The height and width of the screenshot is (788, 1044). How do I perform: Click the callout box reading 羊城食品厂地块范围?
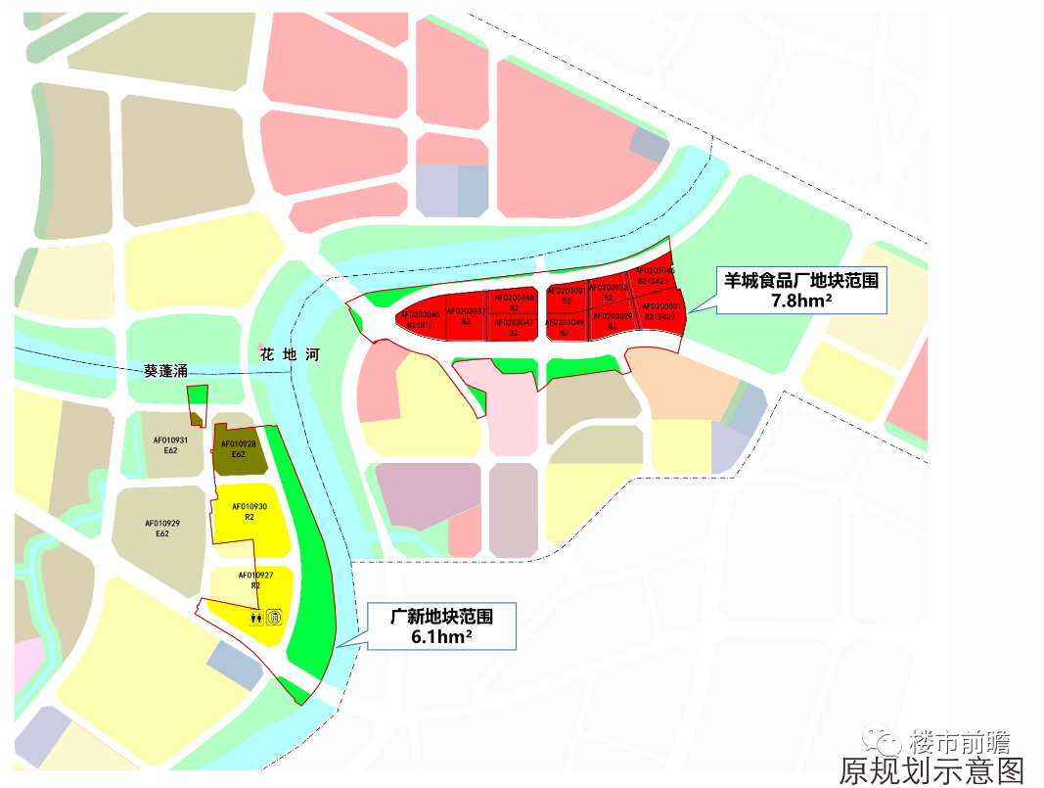(800, 291)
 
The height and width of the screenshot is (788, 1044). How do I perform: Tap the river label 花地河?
(290, 353)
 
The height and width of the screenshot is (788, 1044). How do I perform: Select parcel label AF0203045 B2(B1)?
(420, 319)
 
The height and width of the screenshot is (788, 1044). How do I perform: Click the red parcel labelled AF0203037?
(466, 316)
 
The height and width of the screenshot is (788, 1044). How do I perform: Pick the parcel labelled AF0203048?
(514, 301)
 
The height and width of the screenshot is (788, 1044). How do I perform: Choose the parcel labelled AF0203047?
(514, 327)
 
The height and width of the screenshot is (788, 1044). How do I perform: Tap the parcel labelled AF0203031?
(566, 296)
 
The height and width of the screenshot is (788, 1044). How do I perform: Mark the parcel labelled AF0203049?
(565, 327)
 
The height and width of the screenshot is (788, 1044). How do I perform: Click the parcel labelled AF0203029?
(613, 321)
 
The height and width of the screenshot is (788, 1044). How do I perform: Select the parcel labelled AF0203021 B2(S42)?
(661, 312)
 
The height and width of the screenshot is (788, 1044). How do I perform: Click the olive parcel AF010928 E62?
(238, 449)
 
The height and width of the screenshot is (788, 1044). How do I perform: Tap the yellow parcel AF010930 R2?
(250, 511)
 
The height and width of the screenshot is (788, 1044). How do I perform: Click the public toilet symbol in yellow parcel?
(256, 618)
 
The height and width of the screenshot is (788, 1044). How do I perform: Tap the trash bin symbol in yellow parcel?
(274, 618)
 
